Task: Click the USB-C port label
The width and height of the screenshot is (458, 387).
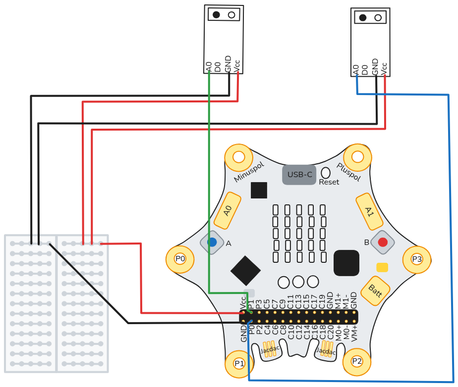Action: pyautogui.click(x=299, y=175)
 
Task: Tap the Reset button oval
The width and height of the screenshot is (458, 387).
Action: pyautogui.click(x=326, y=173)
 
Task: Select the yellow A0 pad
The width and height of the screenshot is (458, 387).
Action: pyautogui.click(x=228, y=211)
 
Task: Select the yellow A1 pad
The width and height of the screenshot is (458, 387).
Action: pyautogui.click(x=369, y=211)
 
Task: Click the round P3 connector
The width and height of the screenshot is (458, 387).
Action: pyautogui.click(x=416, y=259)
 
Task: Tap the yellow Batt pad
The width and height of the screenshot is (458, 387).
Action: pyautogui.click(x=375, y=290)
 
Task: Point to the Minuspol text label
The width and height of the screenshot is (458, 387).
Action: pyautogui.click(x=249, y=171)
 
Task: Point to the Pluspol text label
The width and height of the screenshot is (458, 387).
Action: pyautogui.click(x=348, y=171)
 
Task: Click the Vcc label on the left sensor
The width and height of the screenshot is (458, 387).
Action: pyautogui.click(x=237, y=66)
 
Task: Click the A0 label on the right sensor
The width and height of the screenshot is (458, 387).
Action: pyautogui.click(x=355, y=70)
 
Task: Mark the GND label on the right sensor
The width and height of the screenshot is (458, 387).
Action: pyautogui.click(x=375, y=67)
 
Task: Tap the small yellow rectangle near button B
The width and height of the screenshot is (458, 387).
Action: pyautogui.click(x=382, y=267)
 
